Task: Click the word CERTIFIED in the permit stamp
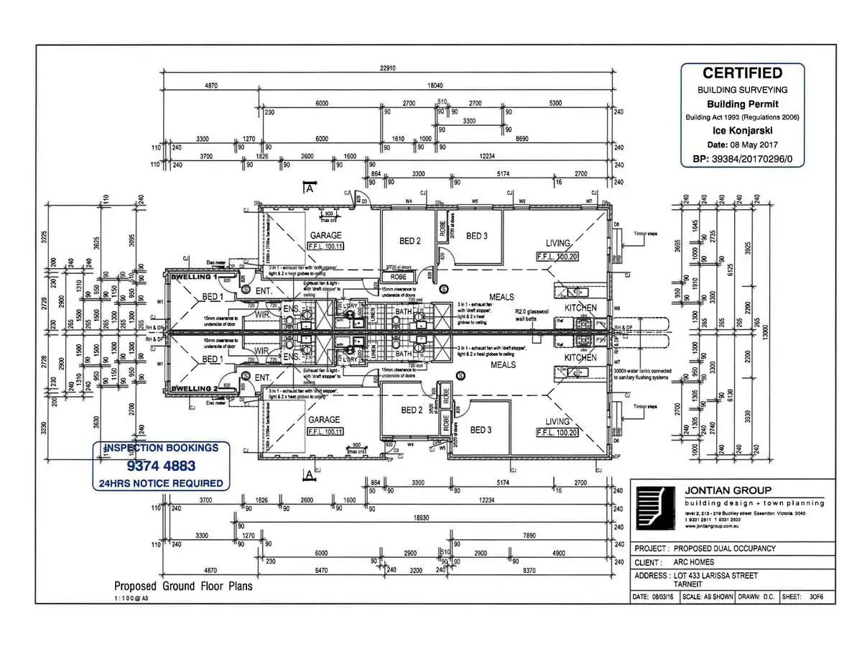742,73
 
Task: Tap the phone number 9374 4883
161,465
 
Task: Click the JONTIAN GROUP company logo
655,508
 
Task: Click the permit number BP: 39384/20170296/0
742,159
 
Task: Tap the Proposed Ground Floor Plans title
183,586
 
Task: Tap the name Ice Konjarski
742,132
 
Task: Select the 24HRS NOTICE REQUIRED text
161,483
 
